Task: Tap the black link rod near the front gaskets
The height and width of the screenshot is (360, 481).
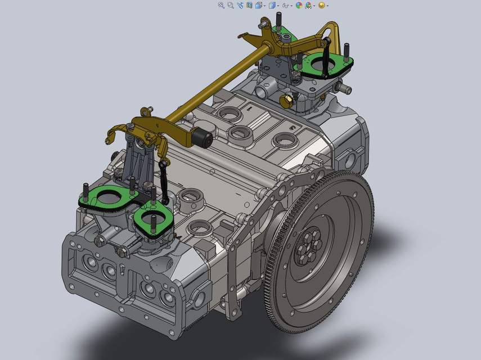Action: [x=163, y=180]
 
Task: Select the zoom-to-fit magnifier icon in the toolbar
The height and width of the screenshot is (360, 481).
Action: [x=221, y=5]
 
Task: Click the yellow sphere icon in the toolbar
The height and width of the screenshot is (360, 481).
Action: [x=322, y=5]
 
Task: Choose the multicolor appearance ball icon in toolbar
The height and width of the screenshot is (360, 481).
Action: [x=299, y=5]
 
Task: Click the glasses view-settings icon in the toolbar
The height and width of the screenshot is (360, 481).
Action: [x=286, y=5]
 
